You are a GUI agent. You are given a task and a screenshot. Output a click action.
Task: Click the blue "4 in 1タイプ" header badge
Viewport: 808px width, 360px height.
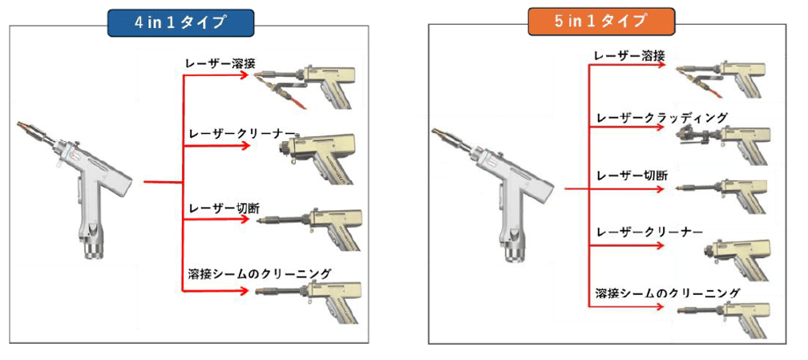(180, 22)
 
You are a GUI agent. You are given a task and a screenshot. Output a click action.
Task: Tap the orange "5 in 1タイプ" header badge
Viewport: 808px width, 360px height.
(601, 21)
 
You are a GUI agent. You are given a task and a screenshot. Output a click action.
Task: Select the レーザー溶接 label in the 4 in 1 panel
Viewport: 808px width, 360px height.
(220, 63)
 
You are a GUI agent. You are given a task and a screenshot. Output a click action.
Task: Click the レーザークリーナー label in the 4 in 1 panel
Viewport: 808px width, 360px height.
(242, 134)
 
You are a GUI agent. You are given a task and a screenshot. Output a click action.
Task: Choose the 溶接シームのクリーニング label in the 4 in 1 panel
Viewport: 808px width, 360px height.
(259, 274)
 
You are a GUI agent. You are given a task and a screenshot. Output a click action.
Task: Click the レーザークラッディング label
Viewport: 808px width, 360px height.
(661, 118)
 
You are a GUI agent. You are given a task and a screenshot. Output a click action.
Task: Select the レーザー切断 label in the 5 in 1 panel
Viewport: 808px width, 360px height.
(632, 176)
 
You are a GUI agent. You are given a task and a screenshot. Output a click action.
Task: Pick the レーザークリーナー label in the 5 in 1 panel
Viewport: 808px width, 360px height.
(648, 232)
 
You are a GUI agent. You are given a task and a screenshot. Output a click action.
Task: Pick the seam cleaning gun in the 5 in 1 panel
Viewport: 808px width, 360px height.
(723, 316)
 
